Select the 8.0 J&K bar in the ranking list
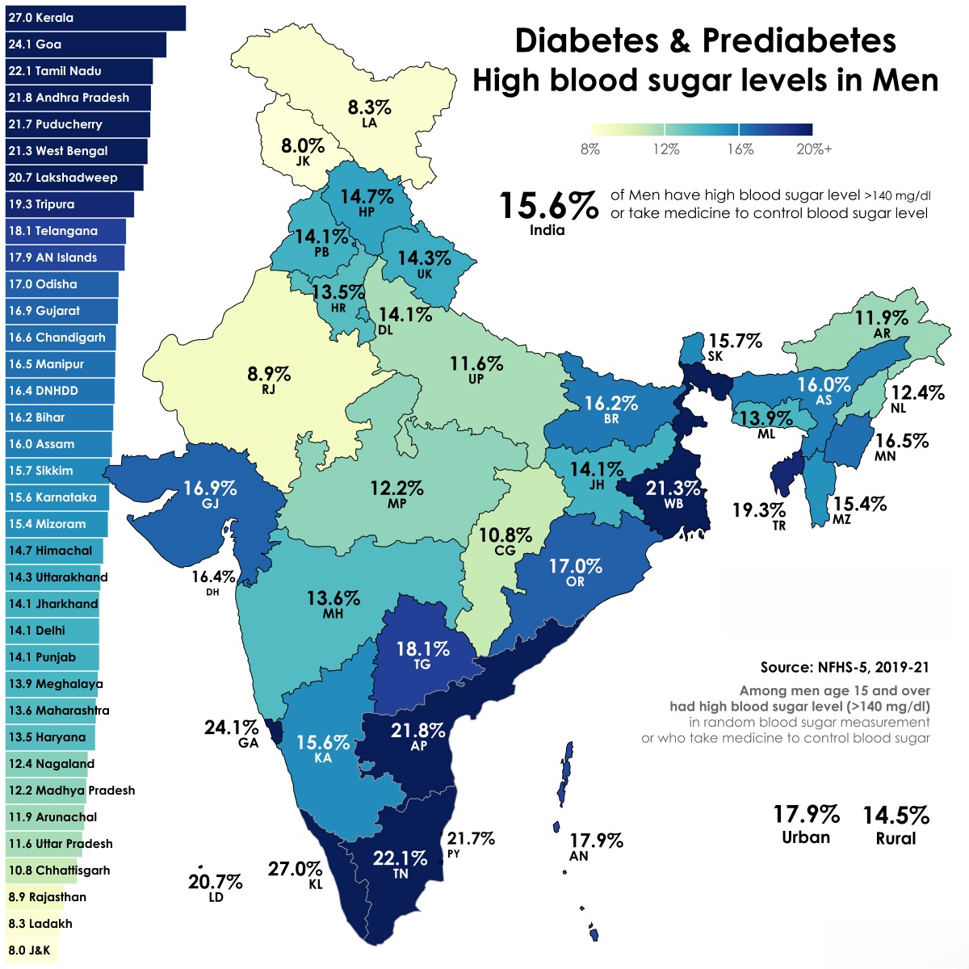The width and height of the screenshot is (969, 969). [30, 950]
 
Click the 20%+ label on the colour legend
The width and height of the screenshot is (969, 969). [813, 149]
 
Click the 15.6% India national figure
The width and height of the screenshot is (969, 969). [548, 207]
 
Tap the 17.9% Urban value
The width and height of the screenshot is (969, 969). [806, 814]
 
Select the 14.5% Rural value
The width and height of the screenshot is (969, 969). [896, 816]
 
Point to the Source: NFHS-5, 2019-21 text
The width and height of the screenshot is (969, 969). [845, 668]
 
